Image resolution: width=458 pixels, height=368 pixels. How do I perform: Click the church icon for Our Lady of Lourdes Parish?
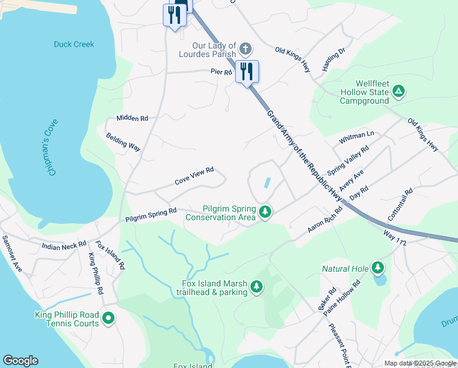point(245,48)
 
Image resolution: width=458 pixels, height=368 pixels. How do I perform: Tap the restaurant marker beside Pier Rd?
point(247,71)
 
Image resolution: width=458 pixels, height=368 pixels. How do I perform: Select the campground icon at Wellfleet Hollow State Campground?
point(399,92)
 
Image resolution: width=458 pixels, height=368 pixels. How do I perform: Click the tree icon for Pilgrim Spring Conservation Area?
point(265,212)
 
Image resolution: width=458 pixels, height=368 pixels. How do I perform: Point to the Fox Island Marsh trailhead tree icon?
point(257,286)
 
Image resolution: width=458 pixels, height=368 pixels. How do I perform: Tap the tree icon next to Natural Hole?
point(378,267)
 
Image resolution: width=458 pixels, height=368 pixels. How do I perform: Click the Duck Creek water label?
point(74,44)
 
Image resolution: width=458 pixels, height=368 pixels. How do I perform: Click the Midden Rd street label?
point(132,118)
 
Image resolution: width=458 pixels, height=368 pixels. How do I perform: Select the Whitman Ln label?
point(356,138)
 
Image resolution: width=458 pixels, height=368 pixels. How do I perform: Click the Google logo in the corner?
point(20,361)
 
